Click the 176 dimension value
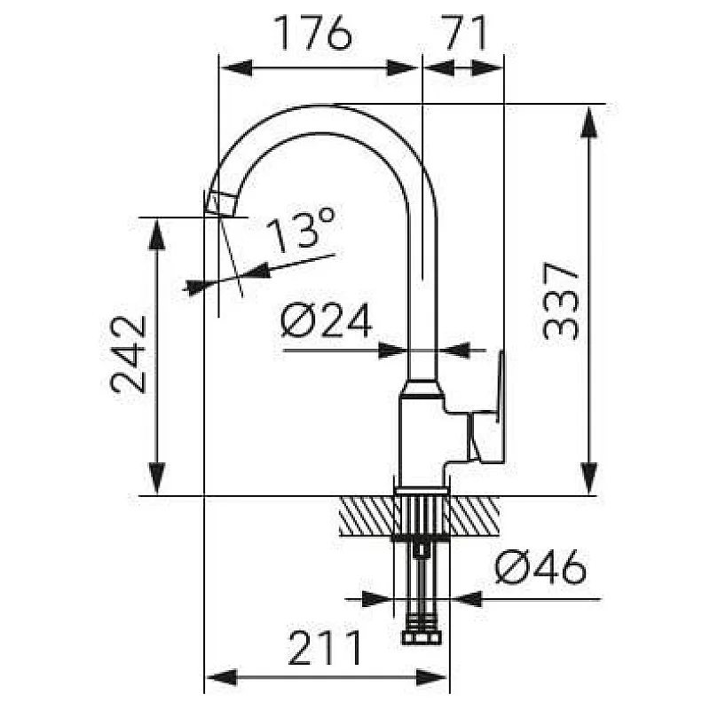313,33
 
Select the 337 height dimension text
561,300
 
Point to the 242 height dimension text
128,354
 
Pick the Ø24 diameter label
326,320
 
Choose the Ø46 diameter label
540,566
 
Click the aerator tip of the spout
221,204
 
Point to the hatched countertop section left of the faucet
367,516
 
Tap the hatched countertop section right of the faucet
474,516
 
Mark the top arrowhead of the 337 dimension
588,121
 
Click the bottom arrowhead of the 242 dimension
157,478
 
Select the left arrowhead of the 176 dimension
235,68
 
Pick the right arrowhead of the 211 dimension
432,678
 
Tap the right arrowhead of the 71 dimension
487,68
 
